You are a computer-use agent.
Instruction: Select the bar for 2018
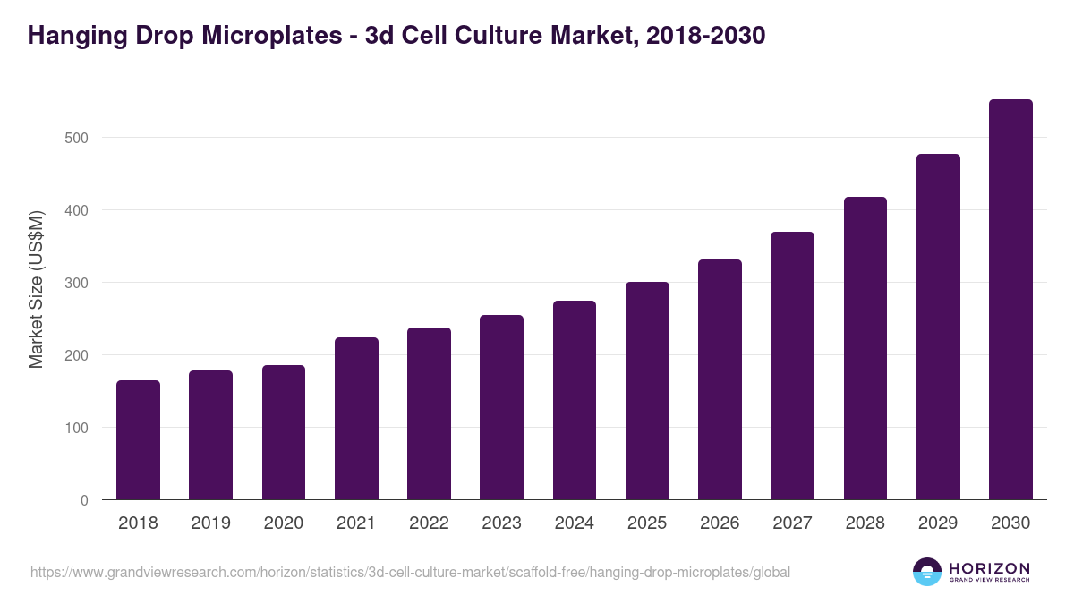[138, 440]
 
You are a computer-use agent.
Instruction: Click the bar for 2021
[356, 419]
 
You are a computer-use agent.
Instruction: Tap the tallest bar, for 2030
[1010, 300]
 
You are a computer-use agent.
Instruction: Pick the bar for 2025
[647, 391]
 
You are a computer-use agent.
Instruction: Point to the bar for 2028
[865, 348]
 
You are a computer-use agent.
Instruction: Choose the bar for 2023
[501, 407]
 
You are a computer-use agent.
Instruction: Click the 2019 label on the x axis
[210, 523]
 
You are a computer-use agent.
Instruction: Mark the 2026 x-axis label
[720, 523]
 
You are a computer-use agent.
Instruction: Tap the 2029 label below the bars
[938, 523]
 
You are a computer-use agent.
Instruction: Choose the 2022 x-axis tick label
[429, 523]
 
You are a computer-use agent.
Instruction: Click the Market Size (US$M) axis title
[36, 290]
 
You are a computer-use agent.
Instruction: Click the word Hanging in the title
[72, 37]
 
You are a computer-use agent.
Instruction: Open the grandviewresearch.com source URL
[410, 572]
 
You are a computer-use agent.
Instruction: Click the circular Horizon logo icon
[927, 572]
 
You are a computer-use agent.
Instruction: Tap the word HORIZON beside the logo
[990, 568]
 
